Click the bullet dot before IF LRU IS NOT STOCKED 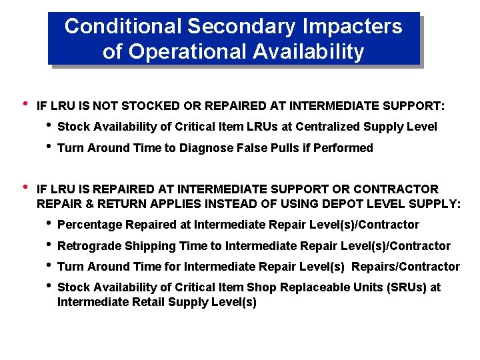25,104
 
